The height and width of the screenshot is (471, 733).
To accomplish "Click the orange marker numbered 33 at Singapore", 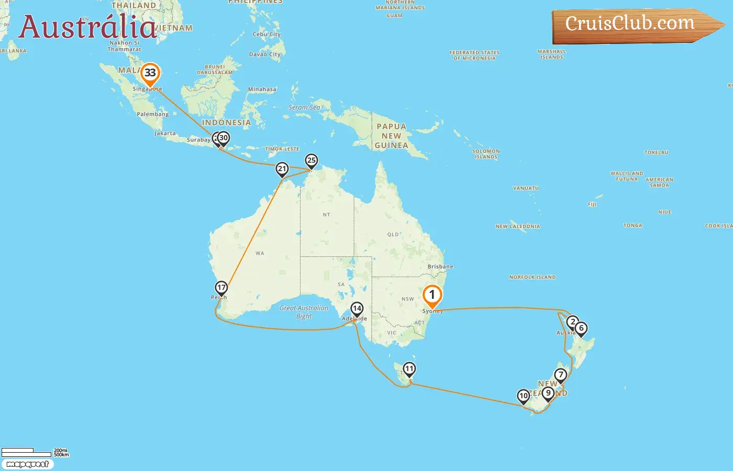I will (150, 73).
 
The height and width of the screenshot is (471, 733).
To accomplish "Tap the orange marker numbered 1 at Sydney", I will (432, 295).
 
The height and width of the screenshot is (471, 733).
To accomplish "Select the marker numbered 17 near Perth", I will (221, 288).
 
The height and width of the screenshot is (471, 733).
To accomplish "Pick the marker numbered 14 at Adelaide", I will (357, 309).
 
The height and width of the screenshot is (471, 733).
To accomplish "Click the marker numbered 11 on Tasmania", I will (409, 369).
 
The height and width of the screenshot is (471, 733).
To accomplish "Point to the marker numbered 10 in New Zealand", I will (524, 396).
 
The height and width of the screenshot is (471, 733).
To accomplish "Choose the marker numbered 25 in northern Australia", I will (312, 161).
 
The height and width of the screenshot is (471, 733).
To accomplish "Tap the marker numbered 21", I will (282, 169).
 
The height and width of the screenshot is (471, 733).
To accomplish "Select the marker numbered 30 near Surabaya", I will (224, 138).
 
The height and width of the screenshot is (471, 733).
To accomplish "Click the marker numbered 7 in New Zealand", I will (561, 375).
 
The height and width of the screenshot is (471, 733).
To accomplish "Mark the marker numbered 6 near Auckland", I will (581, 328).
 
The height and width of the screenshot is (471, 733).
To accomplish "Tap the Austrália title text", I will (87, 27).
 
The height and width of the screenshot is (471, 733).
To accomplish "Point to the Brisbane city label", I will (440, 267).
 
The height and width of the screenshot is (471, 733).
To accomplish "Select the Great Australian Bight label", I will (304, 312).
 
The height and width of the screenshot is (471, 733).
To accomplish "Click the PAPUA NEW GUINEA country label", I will (392, 136).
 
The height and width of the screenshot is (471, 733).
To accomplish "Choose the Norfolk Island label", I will (532, 277).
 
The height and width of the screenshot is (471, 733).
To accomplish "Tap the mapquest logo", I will (28, 464).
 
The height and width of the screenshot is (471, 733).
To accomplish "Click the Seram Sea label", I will (304, 108).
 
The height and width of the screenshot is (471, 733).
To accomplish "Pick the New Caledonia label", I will (518, 227).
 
